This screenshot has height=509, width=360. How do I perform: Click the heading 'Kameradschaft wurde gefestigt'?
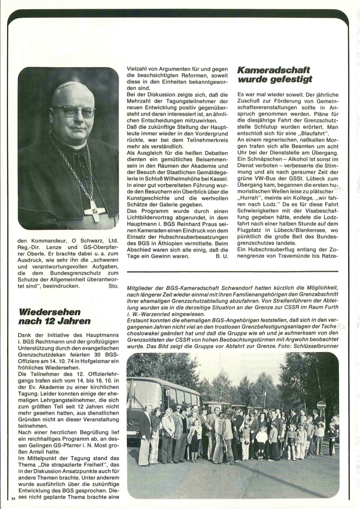click(274, 74)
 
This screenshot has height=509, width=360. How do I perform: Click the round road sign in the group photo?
click(321, 405)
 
